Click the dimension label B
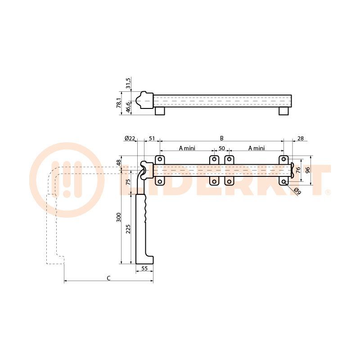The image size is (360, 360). (221, 138)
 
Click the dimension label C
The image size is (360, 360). (108, 278)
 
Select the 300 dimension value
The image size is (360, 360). (118, 217)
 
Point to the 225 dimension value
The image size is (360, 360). (128, 229)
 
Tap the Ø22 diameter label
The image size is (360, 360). (130, 138)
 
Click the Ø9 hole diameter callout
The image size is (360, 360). (297, 191)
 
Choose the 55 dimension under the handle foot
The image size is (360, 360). (144, 268)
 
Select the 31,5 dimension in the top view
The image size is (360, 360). (128, 83)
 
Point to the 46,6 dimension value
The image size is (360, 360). (128, 107)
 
